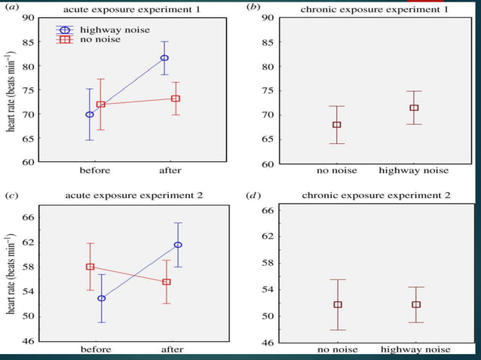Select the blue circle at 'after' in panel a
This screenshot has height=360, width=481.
pos(164,58)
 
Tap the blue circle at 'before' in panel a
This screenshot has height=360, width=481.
pos(90,114)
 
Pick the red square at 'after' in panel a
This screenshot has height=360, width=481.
pos(175,99)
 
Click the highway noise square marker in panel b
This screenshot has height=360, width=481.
pos(414,108)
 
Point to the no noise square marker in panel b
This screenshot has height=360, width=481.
pos(336,125)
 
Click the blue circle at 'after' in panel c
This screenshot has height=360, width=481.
pos(178,245)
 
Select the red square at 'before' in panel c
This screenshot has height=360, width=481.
pos(90,267)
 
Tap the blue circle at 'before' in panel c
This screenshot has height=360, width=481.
pos(101,298)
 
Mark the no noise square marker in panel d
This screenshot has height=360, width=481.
pos(338,305)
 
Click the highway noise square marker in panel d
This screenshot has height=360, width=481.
pos(415,305)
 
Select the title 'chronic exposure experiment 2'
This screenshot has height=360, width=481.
pos(375,195)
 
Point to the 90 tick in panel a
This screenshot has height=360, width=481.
pos(28,17)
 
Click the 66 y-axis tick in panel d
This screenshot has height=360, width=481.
pos(267,210)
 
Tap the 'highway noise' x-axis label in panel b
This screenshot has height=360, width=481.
pos(413,170)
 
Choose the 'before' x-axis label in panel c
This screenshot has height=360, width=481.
pos(96,349)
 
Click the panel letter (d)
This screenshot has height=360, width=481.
pos(253,195)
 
